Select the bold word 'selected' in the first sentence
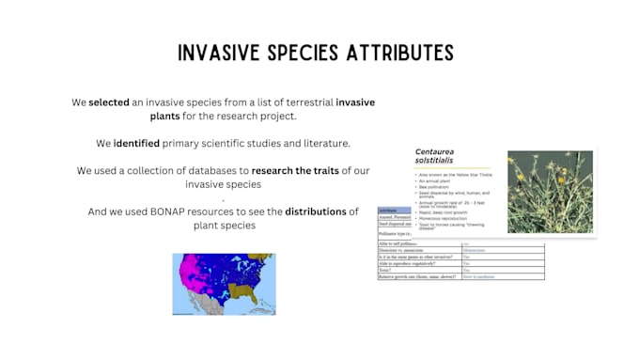pos(109,102)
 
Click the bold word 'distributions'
pos(316,211)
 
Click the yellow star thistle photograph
pos(550,192)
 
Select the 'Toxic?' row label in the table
pos(386,270)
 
